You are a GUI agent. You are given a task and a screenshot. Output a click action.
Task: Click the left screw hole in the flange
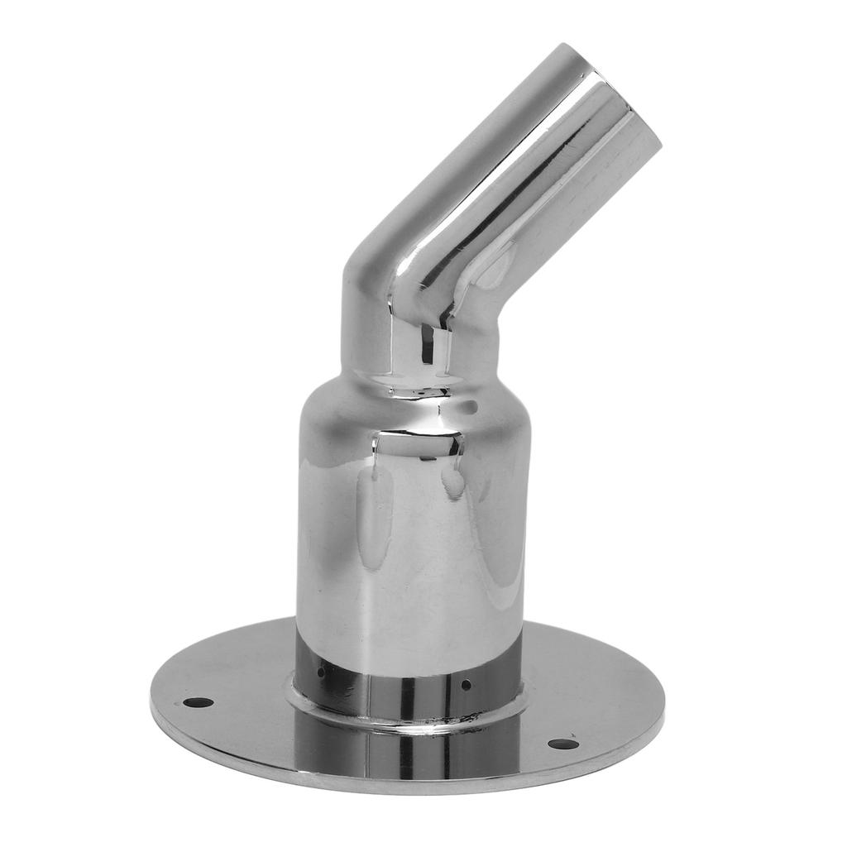[198, 702]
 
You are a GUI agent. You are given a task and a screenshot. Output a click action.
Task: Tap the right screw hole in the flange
[563, 744]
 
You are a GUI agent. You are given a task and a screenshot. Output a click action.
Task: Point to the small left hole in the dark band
[321, 672]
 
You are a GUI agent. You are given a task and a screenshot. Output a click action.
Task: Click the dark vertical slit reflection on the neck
[428, 343]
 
